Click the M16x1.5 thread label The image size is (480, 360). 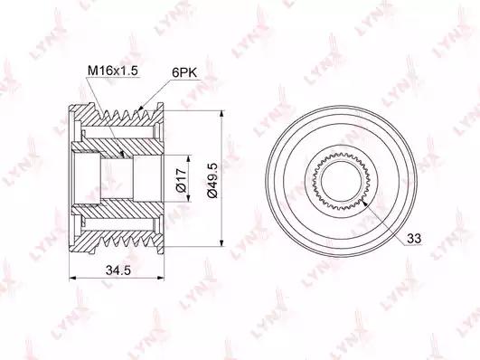113,71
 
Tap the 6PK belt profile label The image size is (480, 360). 184,73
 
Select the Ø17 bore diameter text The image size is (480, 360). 181,179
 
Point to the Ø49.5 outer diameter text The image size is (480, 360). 212,180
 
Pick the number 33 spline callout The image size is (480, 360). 414,238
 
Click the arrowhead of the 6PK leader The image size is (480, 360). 140,108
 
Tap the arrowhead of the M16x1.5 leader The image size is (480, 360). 123,155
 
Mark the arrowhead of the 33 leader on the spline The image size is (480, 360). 364,203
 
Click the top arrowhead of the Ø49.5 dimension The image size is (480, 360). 222,114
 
